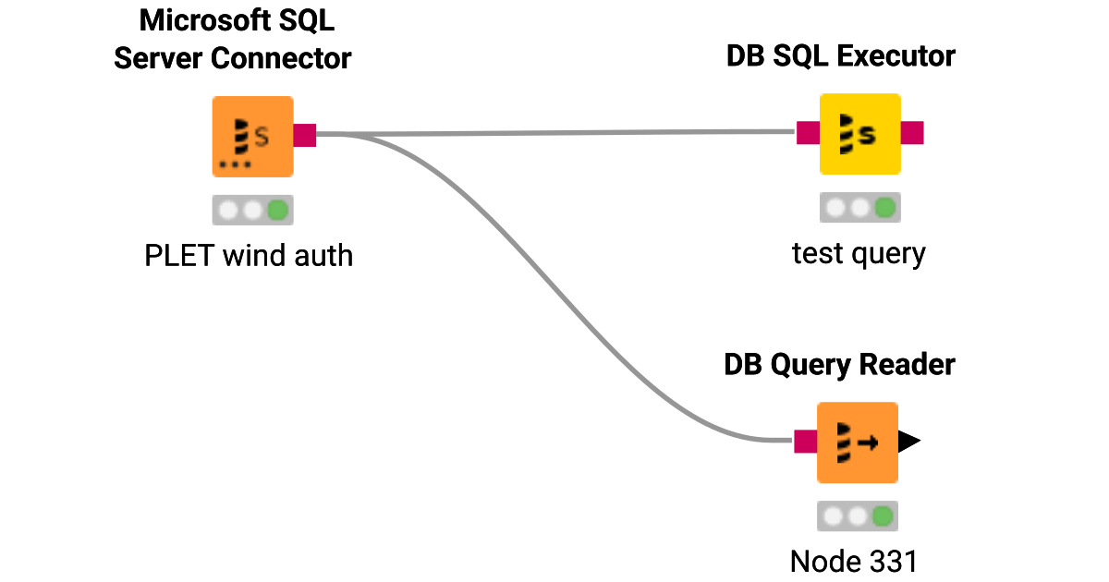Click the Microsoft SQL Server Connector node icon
point(252,136)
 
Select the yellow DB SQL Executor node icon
point(859,134)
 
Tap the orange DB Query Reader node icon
point(857,443)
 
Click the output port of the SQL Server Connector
point(305,135)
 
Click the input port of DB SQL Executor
point(808,133)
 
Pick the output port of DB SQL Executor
point(912,133)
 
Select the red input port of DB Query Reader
point(806,442)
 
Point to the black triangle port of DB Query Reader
point(909,442)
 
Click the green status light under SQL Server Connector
point(277,211)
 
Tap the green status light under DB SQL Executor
point(884,208)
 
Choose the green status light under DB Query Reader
point(882,516)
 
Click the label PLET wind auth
point(249,255)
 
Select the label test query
point(859,252)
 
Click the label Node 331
point(855,561)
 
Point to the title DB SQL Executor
point(840,56)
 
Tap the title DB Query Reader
point(838,365)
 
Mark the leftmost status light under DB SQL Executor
point(835,208)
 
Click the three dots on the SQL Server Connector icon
point(235,164)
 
